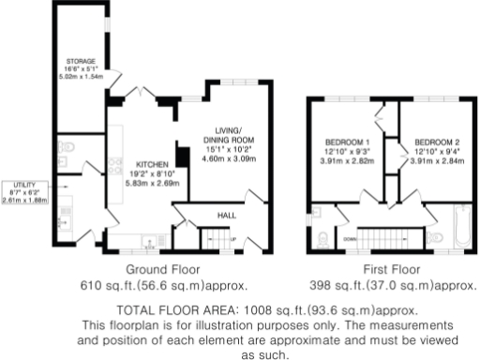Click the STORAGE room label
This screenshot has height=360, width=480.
[79, 61]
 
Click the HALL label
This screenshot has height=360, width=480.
[226, 216]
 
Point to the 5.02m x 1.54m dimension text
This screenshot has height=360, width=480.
[79, 77]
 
